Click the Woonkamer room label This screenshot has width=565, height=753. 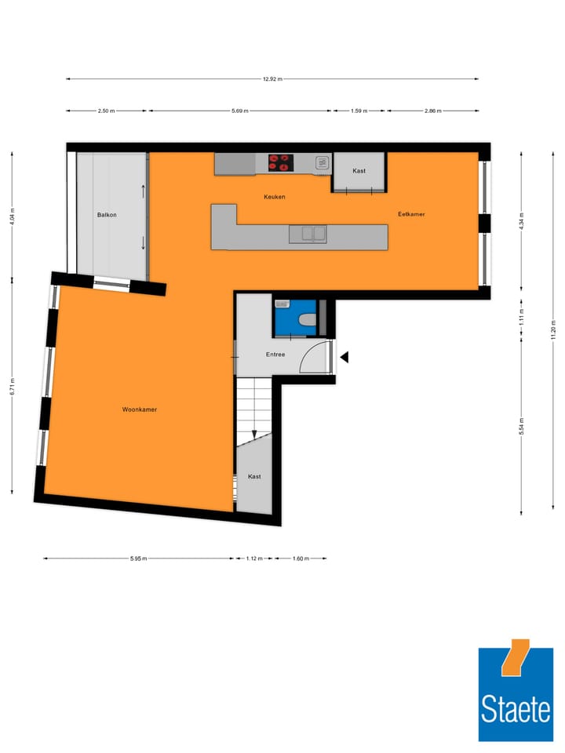[139, 409]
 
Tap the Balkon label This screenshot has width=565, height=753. [107, 214]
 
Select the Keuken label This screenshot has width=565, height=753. [274, 197]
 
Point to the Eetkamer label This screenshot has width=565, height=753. [411, 213]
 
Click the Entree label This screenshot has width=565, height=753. [275, 355]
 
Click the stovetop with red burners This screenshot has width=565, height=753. [279, 163]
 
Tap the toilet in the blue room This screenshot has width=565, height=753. [308, 319]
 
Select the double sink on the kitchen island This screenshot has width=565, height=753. [307, 233]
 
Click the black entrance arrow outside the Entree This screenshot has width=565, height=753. [344, 358]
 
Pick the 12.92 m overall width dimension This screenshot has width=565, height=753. [272, 79]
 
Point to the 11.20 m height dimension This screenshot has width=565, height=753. [552, 329]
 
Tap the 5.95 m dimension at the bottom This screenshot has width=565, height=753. [138, 558]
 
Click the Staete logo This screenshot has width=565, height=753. [516, 690]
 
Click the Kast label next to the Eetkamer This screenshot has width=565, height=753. [359, 170]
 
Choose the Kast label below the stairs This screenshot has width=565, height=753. [254, 476]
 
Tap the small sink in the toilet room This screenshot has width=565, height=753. [282, 304]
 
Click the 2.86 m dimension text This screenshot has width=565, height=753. [432, 111]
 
